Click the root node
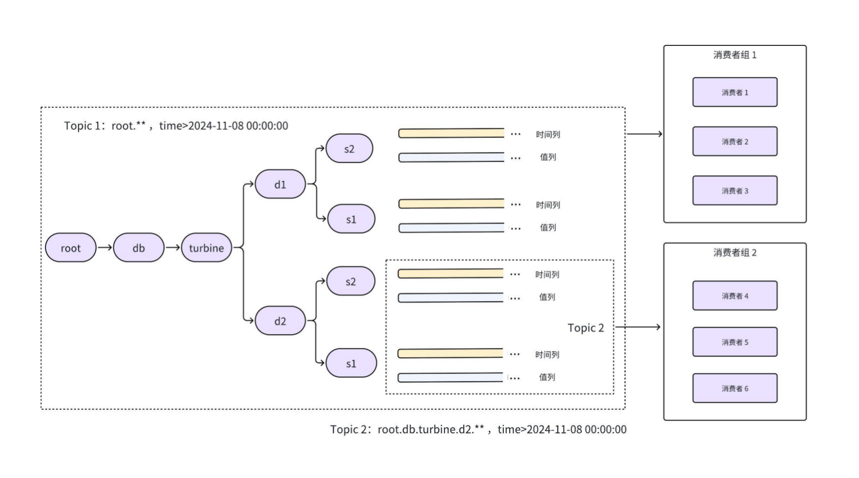[x=71, y=248]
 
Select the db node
[x=139, y=248]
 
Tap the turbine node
[x=206, y=248]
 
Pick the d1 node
[x=280, y=184]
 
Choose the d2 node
[x=280, y=321]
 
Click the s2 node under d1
[x=349, y=149]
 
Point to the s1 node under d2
[x=351, y=364]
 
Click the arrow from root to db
[x=105, y=248]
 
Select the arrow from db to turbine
[x=173, y=248]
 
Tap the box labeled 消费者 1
[x=734, y=92]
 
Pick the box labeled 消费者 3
[x=734, y=190]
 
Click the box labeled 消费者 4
[x=734, y=296]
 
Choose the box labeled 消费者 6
[x=734, y=388]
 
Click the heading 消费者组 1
[x=734, y=55]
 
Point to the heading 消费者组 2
[x=734, y=252]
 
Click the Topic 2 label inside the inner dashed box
[x=586, y=328]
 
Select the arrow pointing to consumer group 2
[x=638, y=327]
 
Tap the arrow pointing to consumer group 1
[x=644, y=134]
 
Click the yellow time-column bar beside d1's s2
[x=451, y=133]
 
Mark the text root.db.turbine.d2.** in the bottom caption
[x=431, y=429]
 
